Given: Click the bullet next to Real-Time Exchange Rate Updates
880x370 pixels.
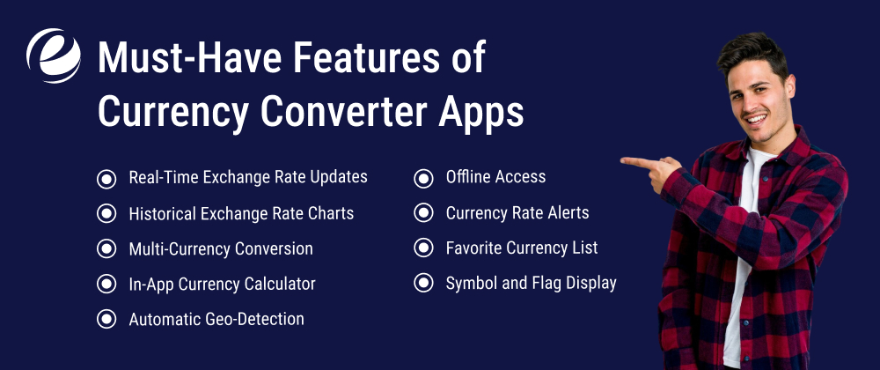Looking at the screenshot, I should [106, 178].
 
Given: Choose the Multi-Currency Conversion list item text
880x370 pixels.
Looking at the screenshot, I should [220, 248].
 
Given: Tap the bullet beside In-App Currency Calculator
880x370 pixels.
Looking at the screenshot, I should [106, 284].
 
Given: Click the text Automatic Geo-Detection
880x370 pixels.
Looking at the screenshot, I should [216, 319].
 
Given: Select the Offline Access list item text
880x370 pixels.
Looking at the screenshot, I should [495, 177].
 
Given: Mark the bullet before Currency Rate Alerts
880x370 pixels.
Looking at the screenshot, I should [424, 213].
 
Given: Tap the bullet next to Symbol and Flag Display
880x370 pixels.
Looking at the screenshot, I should [424, 284].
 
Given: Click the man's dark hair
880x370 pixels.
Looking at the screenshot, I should [752, 48].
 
